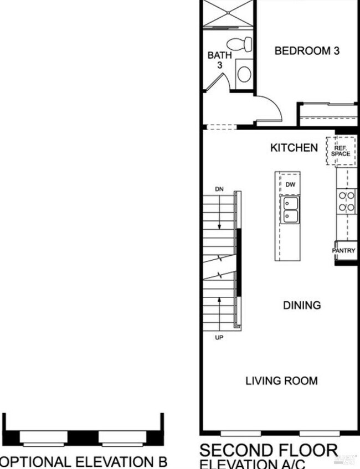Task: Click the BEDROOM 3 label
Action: (307, 51)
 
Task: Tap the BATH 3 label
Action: (216, 60)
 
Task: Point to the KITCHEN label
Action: (294, 148)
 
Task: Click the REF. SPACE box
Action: (341, 150)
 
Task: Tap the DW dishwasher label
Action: (290, 184)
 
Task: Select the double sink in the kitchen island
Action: (290, 210)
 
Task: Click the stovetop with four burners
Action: (347, 201)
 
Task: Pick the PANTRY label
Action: (344, 251)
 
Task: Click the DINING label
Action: (302, 305)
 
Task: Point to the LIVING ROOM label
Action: (281, 381)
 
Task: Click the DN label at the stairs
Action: (219, 190)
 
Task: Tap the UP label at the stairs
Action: (219, 337)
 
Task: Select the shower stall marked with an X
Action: (227, 13)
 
